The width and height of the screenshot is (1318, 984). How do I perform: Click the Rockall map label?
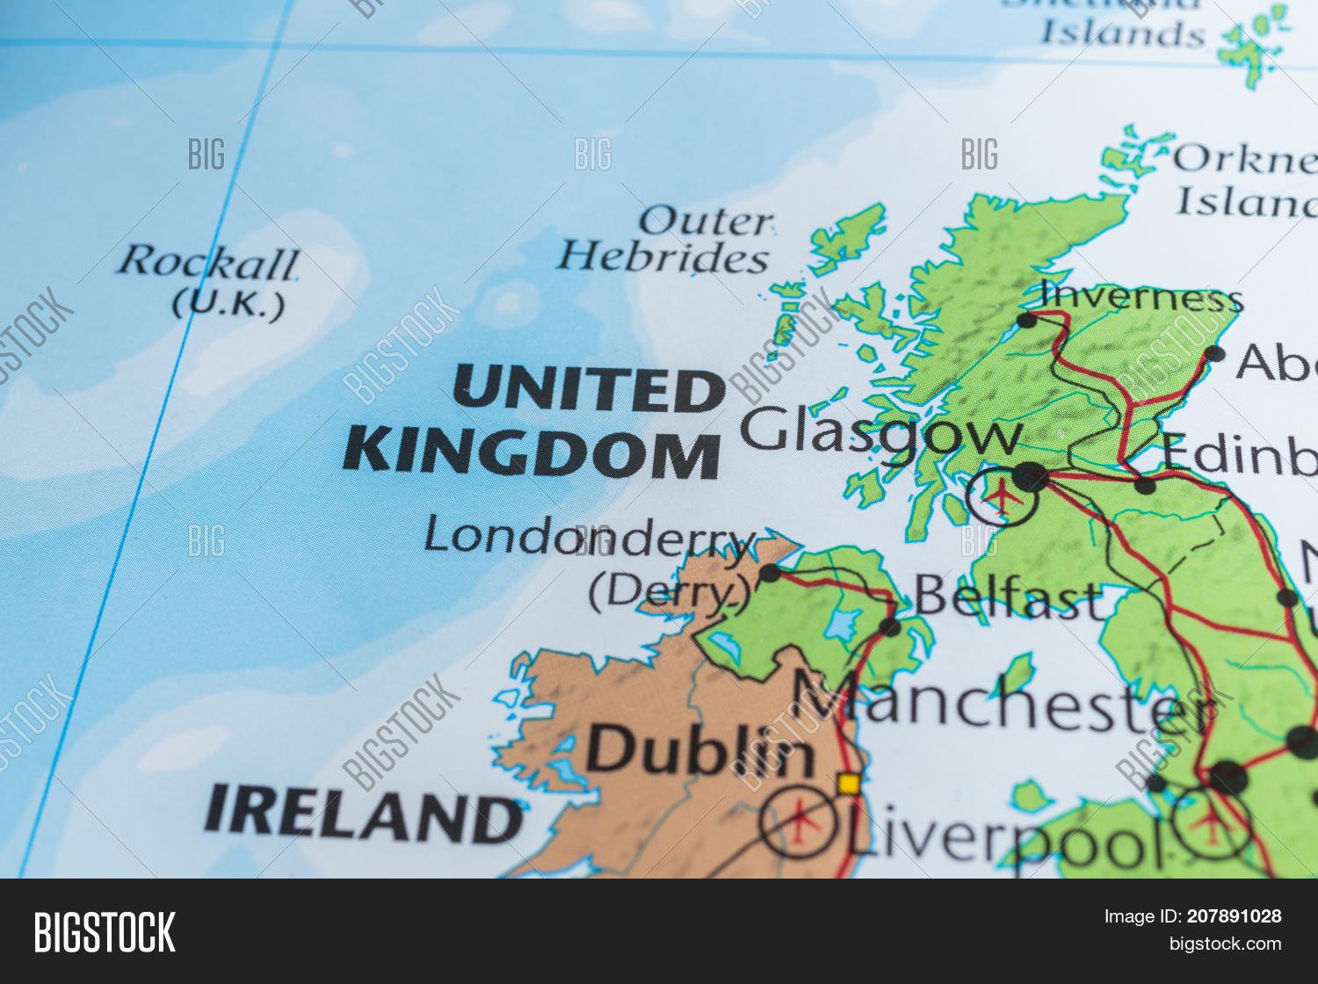(x=209, y=262)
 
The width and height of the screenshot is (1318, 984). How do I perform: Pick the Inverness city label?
(x=1141, y=298)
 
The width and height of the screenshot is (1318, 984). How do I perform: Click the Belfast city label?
(x=1009, y=597)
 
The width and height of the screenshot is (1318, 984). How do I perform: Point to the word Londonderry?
(x=589, y=536)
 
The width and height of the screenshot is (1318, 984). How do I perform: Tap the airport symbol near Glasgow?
(x=1001, y=497)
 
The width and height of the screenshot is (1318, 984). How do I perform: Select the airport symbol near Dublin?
(x=799, y=822)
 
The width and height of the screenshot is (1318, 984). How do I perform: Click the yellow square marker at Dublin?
(x=849, y=783)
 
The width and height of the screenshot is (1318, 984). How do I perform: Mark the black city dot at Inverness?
(x=1026, y=320)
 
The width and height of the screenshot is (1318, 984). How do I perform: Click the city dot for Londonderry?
(x=770, y=574)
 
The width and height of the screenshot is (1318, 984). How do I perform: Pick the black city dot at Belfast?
(x=889, y=627)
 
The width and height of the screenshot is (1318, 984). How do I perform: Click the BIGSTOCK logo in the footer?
(x=105, y=932)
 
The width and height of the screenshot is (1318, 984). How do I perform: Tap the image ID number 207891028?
(x=1234, y=916)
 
